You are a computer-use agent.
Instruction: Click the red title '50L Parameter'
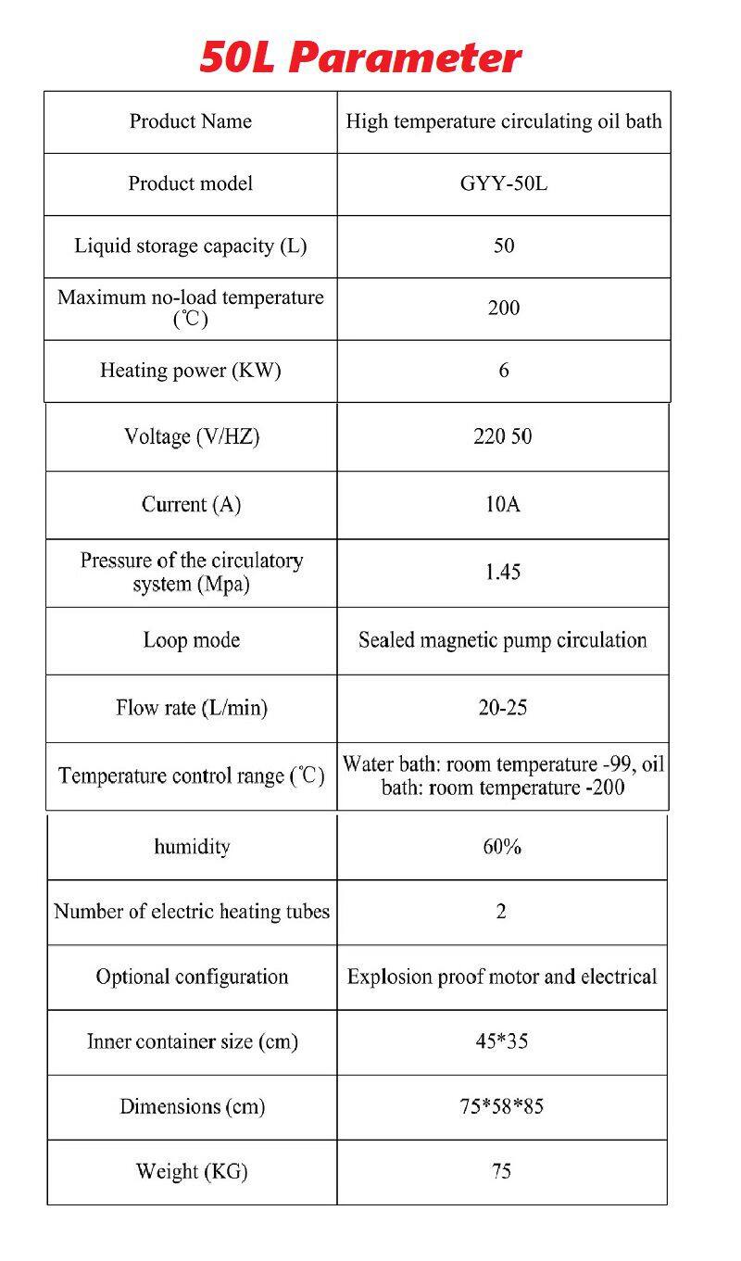pyautogui.click(x=360, y=57)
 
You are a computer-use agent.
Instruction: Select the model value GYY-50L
pyautogui.click(x=503, y=183)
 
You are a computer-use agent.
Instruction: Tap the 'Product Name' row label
pyautogui.click(x=190, y=121)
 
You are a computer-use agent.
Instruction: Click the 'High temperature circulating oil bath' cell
pyautogui.click(x=503, y=121)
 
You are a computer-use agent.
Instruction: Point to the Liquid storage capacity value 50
pyautogui.click(x=503, y=246)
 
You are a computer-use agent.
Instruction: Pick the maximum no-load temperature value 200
pyautogui.click(x=503, y=308)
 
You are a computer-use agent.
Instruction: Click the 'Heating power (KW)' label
pyautogui.click(x=190, y=371)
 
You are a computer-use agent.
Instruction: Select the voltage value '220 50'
pyautogui.click(x=502, y=436)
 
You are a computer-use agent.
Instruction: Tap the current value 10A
pyautogui.click(x=502, y=504)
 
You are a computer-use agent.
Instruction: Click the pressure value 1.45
pyautogui.click(x=502, y=572)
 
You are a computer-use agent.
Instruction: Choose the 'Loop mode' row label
pyautogui.click(x=191, y=640)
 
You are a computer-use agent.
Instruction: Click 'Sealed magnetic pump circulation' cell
pyautogui.click(x=502, y=640)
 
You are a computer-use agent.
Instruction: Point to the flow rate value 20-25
pyautogui.click(x=502, y=708)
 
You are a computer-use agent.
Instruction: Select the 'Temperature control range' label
pyautogui.click(x=191, y=776)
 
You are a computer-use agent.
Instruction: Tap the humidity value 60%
pyautogui.click(x=501, y=847)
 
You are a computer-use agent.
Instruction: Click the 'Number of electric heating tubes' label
pyautogui.click(x=192, y=912)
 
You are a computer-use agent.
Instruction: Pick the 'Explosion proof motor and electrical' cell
pyautogui.click(x=501, y=977)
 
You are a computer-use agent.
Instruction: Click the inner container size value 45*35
pyautogui.click(x=501, y=1041)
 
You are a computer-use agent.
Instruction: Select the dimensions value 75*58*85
pyautogui.click(x=501, y=1106)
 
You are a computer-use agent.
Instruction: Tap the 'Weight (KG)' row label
pyautogui.click(x=192, y=1171)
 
